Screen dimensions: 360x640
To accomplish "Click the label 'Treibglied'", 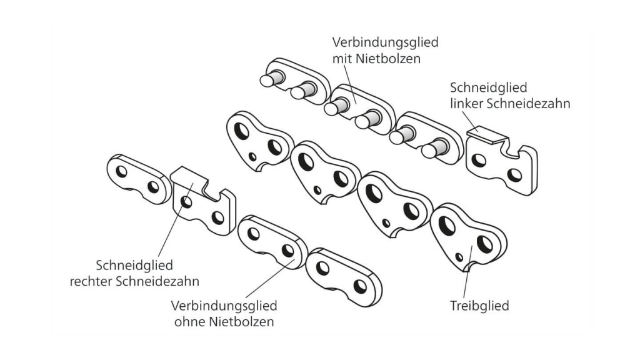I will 479,306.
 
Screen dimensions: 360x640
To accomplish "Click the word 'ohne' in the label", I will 186,322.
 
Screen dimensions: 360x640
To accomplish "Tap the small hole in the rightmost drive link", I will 460,256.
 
